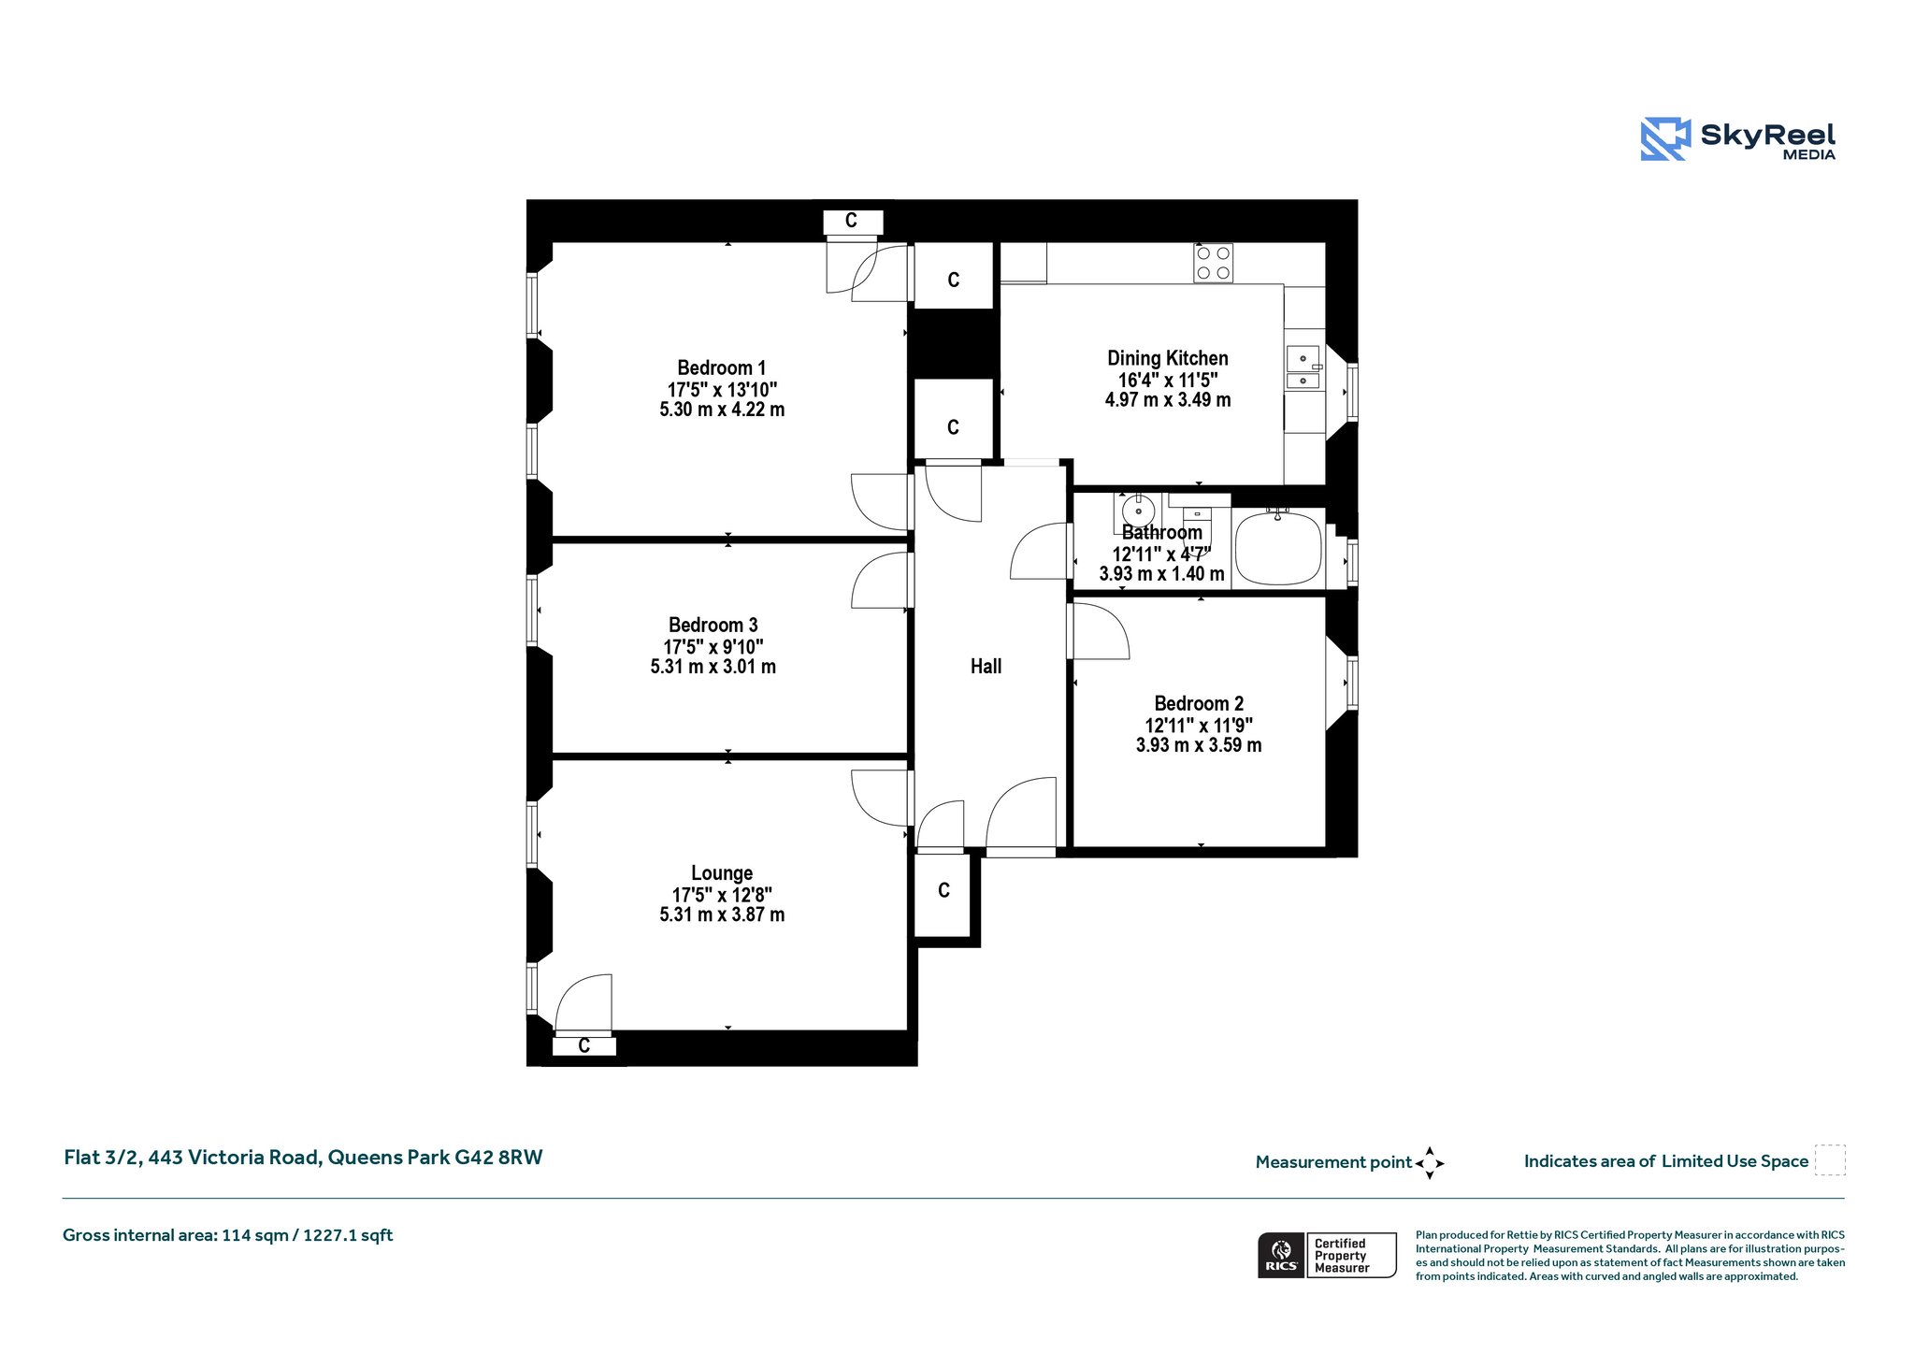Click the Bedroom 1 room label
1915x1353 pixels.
[x=721, y=368]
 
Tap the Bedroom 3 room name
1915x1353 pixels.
[x=713, y=626]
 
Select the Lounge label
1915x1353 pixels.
[x=722, y=873]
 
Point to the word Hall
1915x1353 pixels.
[x=986, y=667]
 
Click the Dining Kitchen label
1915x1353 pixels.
[x=1168, y=358]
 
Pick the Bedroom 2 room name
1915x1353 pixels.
[x=1199, y=704]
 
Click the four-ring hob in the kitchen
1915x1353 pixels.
[x=1213, y=263]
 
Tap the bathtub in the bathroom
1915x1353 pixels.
[x=1278, y=549]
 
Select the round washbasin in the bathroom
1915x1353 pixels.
[x=1138, y=511]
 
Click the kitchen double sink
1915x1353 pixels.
[x=1303, y=367]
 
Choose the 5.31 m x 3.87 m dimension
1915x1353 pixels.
[x=722, y=915]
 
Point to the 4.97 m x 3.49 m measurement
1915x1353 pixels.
[x=1168, y=400]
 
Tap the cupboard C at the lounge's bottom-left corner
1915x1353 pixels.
[x=583, y=1046]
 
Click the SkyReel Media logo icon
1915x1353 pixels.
[x=1665, y=139]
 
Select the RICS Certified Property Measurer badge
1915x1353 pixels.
[x=1327, y=1255]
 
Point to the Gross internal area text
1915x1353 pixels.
[x=228, y=1236]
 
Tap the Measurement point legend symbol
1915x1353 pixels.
[x=1430, y=1163]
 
